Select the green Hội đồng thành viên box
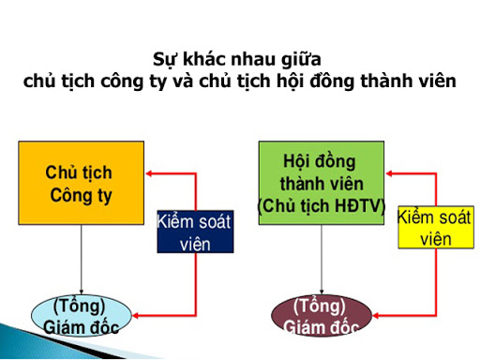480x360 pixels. click(x=321, y=182)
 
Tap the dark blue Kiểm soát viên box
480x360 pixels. click(x=194, y=232)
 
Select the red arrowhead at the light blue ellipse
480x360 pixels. click(x=137, y=313)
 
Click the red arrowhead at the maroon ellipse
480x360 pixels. click(x=378, y=313)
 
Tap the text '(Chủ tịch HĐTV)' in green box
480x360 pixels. click(x=322, y=205)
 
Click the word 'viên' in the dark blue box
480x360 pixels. click(x=194, y=244)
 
